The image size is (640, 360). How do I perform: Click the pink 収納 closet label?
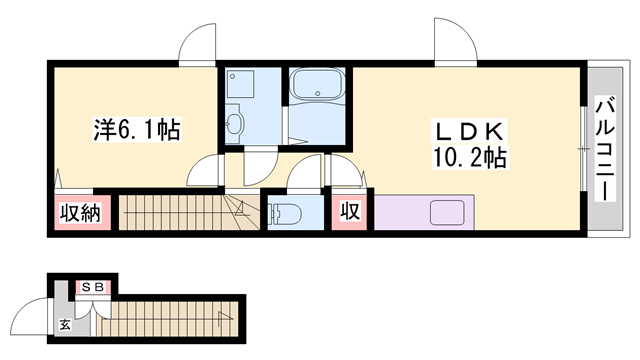click(78, 213)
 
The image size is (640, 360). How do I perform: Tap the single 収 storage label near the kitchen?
click(350, 212)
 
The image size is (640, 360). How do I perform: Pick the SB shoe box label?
click(94, 288)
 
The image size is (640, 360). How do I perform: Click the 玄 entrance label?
click(64, 323)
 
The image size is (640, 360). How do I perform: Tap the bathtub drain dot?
click(318, 98)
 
